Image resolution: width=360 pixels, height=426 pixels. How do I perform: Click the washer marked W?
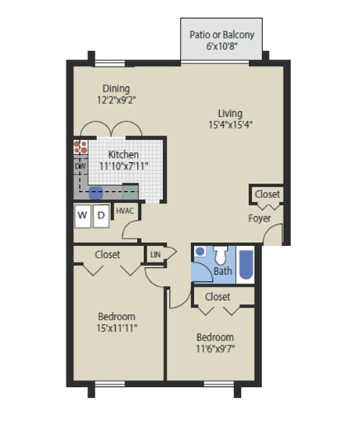(83, 216)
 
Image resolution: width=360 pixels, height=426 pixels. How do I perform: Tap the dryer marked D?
(101, 216)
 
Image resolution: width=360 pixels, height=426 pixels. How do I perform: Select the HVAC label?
(125, 211)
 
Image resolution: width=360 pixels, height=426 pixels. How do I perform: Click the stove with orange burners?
(81, 147)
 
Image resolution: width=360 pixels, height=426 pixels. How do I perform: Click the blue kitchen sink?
(95, 193)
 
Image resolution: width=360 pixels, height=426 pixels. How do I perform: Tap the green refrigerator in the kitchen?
(131, 192)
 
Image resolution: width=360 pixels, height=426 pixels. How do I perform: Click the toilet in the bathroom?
(220, 255)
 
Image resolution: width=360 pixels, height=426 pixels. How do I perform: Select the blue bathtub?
(247, 265)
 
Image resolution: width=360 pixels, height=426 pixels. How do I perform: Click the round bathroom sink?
(200, 251)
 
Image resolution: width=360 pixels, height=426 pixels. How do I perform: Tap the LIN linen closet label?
(155, 255)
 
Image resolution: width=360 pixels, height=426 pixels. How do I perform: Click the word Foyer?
(260, 218)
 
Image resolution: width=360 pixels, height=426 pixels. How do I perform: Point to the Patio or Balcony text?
(221, 34)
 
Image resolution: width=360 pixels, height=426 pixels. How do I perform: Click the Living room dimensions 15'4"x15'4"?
(231, 125)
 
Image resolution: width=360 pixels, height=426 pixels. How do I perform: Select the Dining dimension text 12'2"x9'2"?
(117, 100)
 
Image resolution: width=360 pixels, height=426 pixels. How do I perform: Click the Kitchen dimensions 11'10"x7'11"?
(124, 166)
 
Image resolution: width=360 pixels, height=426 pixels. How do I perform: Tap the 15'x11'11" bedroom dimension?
(117, 328)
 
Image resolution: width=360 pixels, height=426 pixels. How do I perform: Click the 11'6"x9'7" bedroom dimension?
(215, 348)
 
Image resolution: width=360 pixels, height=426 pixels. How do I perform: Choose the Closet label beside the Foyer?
(267, 194)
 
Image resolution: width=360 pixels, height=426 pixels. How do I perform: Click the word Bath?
(223, 271)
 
